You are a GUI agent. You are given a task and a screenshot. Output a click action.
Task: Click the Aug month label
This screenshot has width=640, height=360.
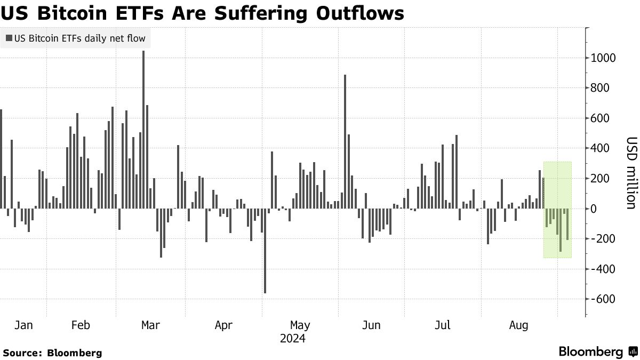[519, 325]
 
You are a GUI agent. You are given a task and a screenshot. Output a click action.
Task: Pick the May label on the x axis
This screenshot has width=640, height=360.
[300, 325]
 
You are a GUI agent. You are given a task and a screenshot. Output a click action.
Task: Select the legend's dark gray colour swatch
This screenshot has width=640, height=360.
[9, 38]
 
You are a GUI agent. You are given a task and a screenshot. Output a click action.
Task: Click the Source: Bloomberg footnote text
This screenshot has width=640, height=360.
[52, 353]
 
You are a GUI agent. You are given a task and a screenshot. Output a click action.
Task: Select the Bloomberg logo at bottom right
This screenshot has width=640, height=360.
[598, 352]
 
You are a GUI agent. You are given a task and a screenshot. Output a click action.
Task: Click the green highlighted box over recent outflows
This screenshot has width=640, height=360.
[557, 210]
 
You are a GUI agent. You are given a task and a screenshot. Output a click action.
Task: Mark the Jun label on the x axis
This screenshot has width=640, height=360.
[371, 325]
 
